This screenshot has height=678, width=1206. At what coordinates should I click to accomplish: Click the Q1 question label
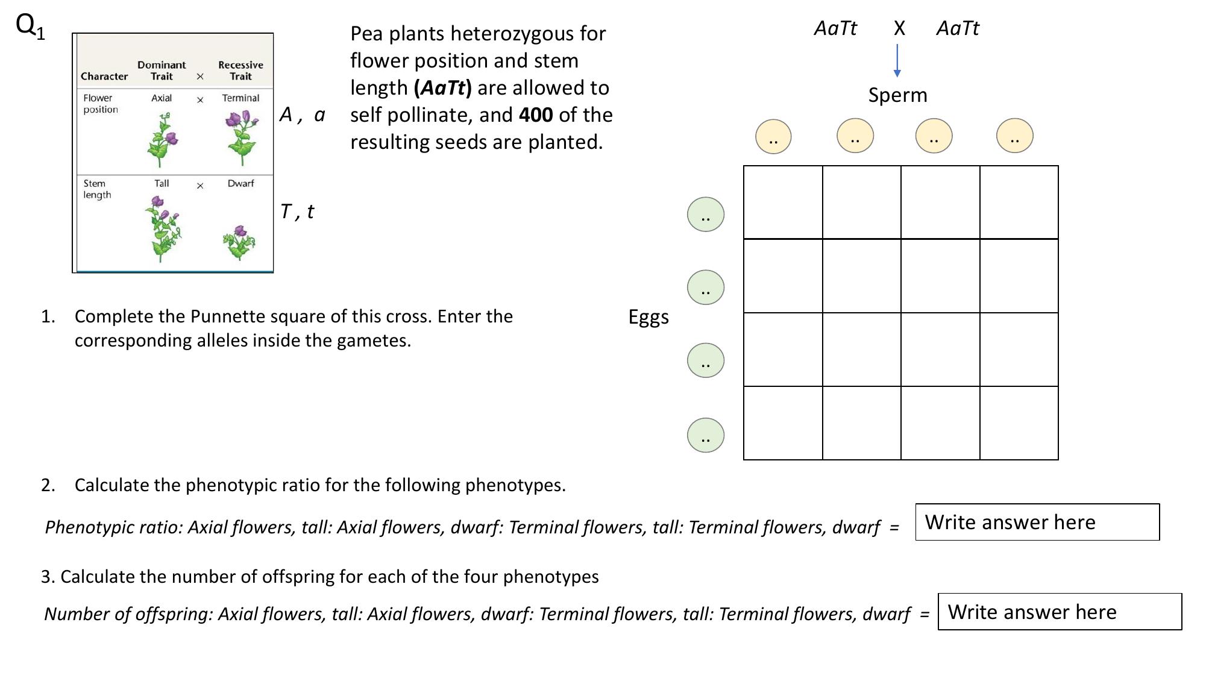tap(30, 27)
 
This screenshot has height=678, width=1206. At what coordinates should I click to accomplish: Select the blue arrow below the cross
tap(897, 60)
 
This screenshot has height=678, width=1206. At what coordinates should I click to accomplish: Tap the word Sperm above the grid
tap(897, 95)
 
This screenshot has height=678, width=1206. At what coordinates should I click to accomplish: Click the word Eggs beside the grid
tap(649, 317)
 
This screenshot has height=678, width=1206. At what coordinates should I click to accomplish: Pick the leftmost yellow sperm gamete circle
tap(773, 137)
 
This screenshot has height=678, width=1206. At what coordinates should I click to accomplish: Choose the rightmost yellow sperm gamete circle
tap(1014, 136)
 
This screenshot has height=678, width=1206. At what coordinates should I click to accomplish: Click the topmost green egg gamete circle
tap(705, 215)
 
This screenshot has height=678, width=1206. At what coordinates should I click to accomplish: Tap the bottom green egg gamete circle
tap(705, 435)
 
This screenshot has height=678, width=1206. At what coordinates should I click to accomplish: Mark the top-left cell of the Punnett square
tap(783, 202)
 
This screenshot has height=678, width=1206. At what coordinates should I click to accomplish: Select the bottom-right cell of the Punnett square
tap(1019, 423)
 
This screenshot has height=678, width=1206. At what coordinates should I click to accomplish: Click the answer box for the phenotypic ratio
tap(1037, 522)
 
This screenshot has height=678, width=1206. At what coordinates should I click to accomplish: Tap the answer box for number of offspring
tap(1059, 612)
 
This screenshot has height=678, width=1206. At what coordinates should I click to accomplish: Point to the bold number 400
tap(536, 115)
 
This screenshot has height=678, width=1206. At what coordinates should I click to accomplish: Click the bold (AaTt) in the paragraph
tap(442, 88)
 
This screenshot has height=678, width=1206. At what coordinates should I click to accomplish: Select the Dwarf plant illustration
tap(239, 242)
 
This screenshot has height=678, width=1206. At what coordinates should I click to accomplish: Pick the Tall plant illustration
tap(162, 229)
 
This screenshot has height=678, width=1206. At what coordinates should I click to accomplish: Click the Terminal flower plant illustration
tap(241, 137)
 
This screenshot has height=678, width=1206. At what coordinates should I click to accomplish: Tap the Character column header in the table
tap(104, 77)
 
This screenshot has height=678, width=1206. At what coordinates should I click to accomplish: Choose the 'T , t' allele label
tap(297, 212)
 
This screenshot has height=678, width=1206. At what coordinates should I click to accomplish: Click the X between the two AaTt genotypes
tap(899, 28)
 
